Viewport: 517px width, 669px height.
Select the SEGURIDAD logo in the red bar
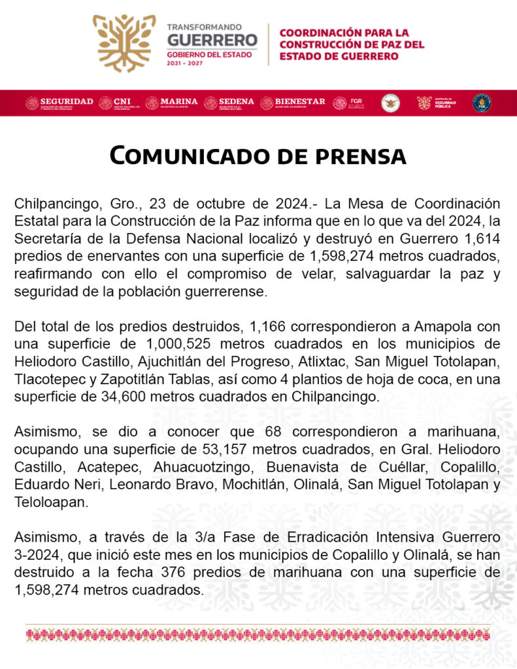(x=59, y=103)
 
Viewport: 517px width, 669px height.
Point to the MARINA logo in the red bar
(x=171, y=103)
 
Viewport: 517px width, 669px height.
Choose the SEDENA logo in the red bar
(x=229, y=103)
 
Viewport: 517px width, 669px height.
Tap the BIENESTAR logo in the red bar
(x=292, y=103)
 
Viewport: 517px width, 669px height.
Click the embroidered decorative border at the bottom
(x=258, y=634)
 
